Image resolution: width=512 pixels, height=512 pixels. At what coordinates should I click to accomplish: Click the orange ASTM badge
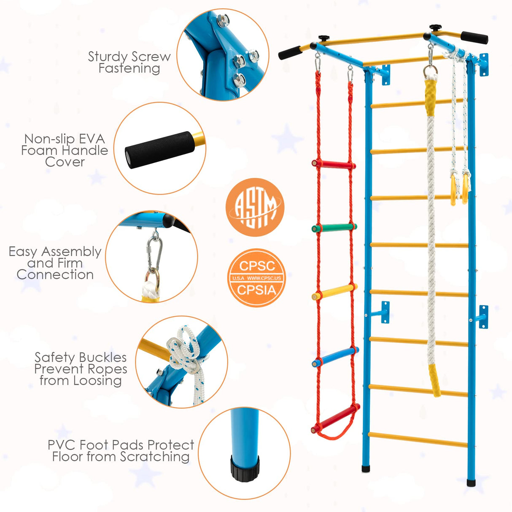click(255, 207)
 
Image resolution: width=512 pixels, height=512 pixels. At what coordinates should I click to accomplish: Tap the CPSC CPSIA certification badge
click(256, 278)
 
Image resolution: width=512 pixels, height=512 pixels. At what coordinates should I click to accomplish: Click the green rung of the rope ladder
click(334, 227)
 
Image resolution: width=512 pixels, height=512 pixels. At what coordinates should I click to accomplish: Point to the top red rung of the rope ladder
click(333, 164)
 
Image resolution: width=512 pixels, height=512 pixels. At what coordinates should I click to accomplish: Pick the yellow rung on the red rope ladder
click(334, 292)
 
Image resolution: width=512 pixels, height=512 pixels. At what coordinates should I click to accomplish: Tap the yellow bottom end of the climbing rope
click(435, 381)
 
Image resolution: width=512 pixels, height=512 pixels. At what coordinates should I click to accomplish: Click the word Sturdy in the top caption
click(108, 57)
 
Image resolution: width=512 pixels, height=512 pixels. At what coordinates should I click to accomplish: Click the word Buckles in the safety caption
click(102, 358)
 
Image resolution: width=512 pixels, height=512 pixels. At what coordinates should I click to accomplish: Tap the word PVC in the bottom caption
click(62, 445)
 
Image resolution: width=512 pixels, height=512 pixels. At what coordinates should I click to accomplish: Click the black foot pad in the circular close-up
click(245, 468)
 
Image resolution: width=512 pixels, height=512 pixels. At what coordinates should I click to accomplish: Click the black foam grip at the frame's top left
click(289, 54)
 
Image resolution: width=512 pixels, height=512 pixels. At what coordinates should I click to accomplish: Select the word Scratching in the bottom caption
click(154, 457)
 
